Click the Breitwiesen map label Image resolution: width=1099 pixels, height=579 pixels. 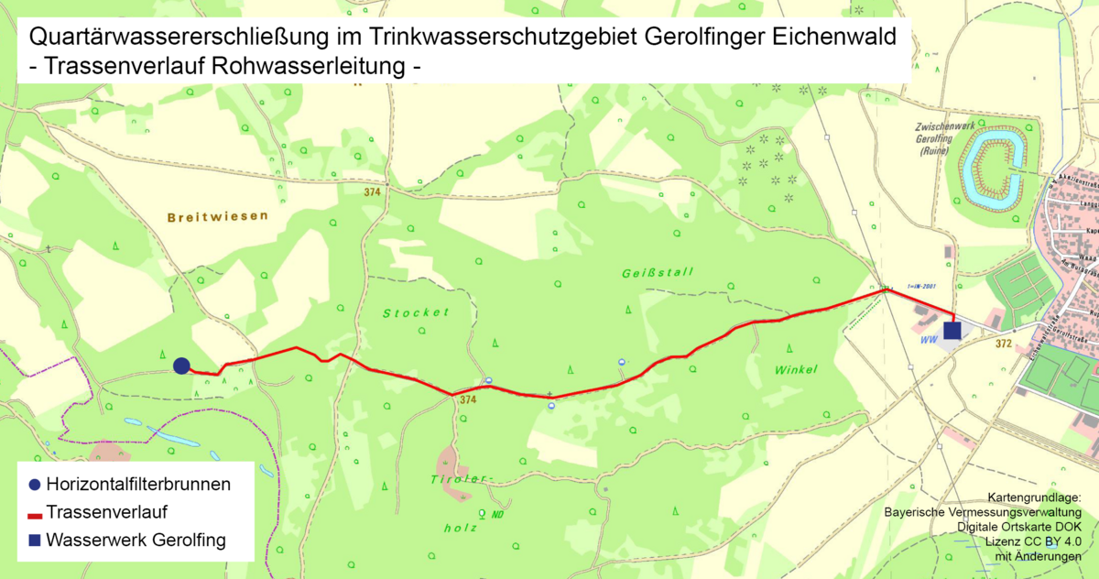tap(218, 217)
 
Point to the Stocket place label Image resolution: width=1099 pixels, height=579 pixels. tap(417, 312)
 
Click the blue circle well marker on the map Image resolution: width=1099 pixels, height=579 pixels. tap(181, 366)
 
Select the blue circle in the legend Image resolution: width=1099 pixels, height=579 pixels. tap(35, 484)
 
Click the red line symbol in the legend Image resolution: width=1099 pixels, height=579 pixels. tap(35, 513)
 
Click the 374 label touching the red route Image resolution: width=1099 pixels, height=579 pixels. tap(468, 399)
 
